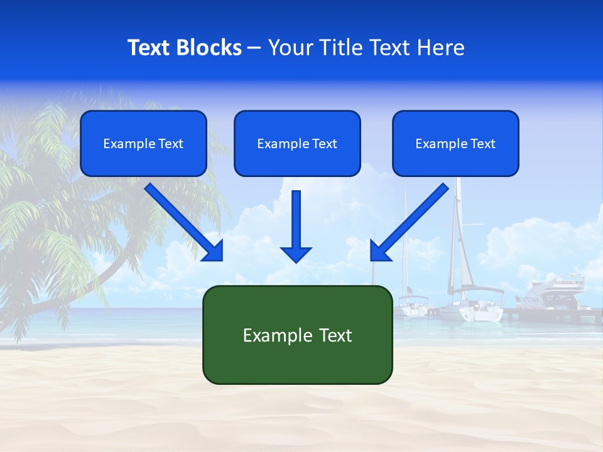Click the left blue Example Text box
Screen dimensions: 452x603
pyautogui.click(x=143, y=143)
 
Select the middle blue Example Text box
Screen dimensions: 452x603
pyautogui.click(x=297, y=143)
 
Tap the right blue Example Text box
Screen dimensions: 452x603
pyautogui.click(x=455, y=143)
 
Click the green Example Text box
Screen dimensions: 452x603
pyautogui.click(x=297, y=335)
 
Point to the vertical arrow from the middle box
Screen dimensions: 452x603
pyautogui.click(x=296, y=220)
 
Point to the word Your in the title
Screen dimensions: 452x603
pyautogui.click(x=291, y=48)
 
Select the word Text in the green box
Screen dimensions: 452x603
pyautogui.click(x=335, y=335)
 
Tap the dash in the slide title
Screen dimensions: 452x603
pyautogui.click(x=254, y=48)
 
